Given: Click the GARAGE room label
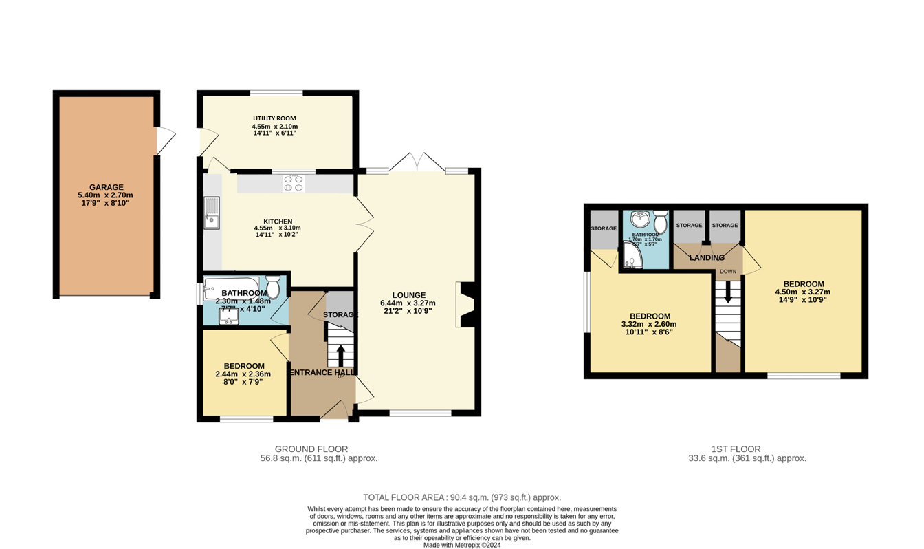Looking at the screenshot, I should (x=106, y=187).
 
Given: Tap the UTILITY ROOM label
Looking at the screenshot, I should (x=274, y=118).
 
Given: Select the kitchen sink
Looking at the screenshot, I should (x=212, y=213).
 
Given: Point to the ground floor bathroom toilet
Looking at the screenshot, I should (x=273, y=287).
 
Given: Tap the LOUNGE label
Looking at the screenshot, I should (x=408, y=295).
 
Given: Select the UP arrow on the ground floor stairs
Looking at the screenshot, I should (x=340, y=355).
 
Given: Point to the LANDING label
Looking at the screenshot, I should (x=707, y=258).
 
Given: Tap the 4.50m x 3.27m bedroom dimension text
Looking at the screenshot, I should (x=803, y=292).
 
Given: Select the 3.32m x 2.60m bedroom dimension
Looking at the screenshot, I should (x=649, y=325).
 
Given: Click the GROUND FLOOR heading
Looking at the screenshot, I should (x=311, y=449).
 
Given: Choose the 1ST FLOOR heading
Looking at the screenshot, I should (x=735, y=449).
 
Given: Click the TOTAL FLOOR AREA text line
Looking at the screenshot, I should (x=462, y=497).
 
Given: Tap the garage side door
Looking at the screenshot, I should (x=166, y=141).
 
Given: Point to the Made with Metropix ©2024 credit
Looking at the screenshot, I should (x=462, y=545).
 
